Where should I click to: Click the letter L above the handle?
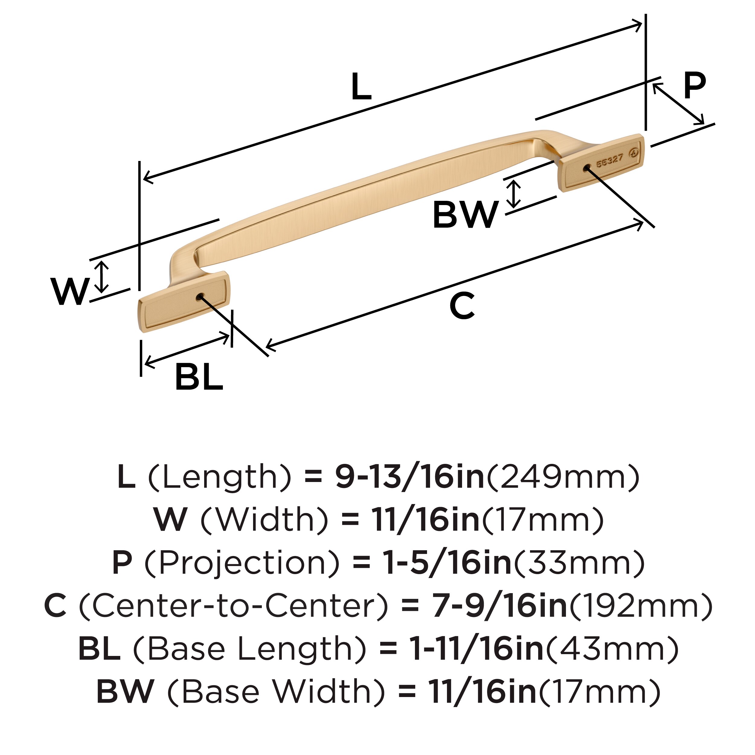pos(361,87)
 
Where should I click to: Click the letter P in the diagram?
pos(694,86)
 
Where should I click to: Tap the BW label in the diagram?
pos(465,215)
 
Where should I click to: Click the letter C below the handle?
pos(462,306)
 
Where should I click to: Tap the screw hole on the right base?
pos(586,168)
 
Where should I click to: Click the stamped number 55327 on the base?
pos(609,161)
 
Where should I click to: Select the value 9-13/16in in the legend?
pos(410,477)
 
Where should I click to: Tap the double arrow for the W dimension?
pos(102,277)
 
